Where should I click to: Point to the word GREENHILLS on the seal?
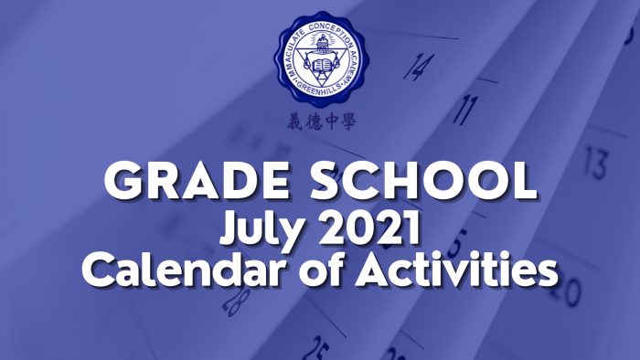320,99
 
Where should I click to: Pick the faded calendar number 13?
595,164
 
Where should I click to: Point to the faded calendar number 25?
316,347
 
